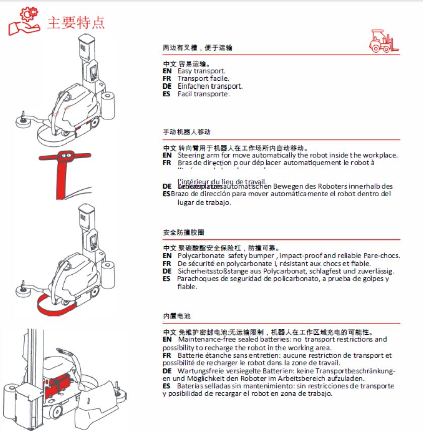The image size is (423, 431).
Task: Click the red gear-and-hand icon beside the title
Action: pyautogui.click(x=23, y=21)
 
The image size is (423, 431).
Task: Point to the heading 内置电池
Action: pyautogui.click(x=177, y=316)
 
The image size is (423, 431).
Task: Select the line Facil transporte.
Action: pyautogui.click(x=203, y=94)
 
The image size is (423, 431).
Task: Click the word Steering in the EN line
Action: pyautogui.click(x=190, y=155)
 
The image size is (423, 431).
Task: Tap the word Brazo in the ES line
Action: pyautogui.click(x=179, y=194)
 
